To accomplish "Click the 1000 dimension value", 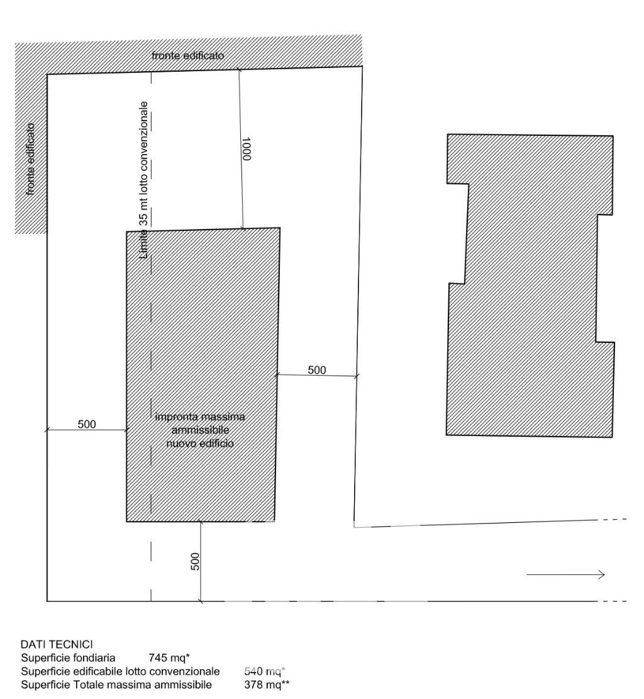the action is point(247,148).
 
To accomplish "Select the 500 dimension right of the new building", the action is point(317,370).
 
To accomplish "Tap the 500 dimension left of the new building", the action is point(87,425).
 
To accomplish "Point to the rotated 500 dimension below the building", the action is point(195,561).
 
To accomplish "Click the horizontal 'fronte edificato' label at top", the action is point(187,56).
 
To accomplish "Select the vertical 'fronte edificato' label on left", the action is point(30,159).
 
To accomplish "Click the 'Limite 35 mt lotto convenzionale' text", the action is point(143,180).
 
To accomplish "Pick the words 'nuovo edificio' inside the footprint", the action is point(199,444).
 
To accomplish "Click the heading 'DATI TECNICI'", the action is point(57,644).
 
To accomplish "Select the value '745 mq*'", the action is point(169,657).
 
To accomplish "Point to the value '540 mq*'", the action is point(265,671).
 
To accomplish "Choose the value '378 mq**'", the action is point(267,685).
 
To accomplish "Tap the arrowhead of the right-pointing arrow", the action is point(602,574).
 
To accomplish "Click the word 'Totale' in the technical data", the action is point(89,685).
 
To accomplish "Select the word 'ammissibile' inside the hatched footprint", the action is point(200,430).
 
